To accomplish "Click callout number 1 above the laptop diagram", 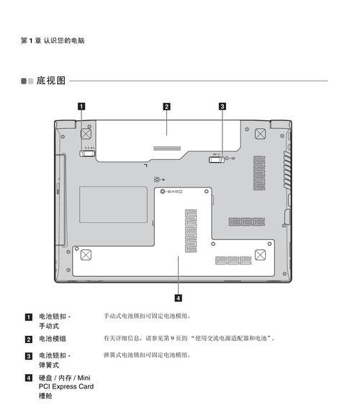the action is pos(81,107).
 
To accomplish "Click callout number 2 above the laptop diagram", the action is pos(166,107).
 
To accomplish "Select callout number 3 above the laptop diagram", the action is pos(222,107).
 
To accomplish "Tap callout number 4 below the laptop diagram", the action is pos(178,298).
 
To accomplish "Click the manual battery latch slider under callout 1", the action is pos(87,154).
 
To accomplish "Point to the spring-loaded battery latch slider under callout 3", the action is pos(216,159).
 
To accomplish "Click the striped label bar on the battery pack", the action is pos(167,148).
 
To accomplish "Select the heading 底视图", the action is pos(50,81).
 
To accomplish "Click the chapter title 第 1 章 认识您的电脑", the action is pos(53,40).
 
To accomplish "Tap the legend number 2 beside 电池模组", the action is pos(29,340).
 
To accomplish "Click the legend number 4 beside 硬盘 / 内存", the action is pos(29,378).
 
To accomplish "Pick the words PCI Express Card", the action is pos(66,386).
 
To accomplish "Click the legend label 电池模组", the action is pos(53,339).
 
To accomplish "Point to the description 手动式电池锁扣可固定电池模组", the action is pos(147,316).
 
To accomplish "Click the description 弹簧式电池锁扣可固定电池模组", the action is pos(147,355).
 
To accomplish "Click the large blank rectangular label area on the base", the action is pos(113,204).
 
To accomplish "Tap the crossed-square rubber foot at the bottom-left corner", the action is pos(86,255).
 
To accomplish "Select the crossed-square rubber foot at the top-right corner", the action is pos(260,134).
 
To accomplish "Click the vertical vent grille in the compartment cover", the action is pos(191,231).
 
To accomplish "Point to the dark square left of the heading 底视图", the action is pos(24,81).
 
